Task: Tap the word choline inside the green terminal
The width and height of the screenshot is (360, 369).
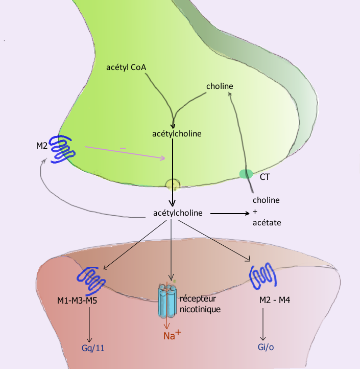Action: [x=220, y=86]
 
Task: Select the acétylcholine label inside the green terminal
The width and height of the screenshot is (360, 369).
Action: [x=177, y=133]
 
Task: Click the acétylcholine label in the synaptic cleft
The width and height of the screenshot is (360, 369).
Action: [x=177, y=212]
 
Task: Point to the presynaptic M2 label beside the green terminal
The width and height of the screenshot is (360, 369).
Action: [x=42, y=146]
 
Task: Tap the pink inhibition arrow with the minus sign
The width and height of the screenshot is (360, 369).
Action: [x=125, y=152]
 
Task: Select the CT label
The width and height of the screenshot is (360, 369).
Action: [x=265, y=177]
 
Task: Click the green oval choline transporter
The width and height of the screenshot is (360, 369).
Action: [x=246, y=174]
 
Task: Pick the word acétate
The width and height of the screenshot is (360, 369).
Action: [x=267, y=223]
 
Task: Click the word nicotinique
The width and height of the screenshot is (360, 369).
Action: [x=199, y=309]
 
